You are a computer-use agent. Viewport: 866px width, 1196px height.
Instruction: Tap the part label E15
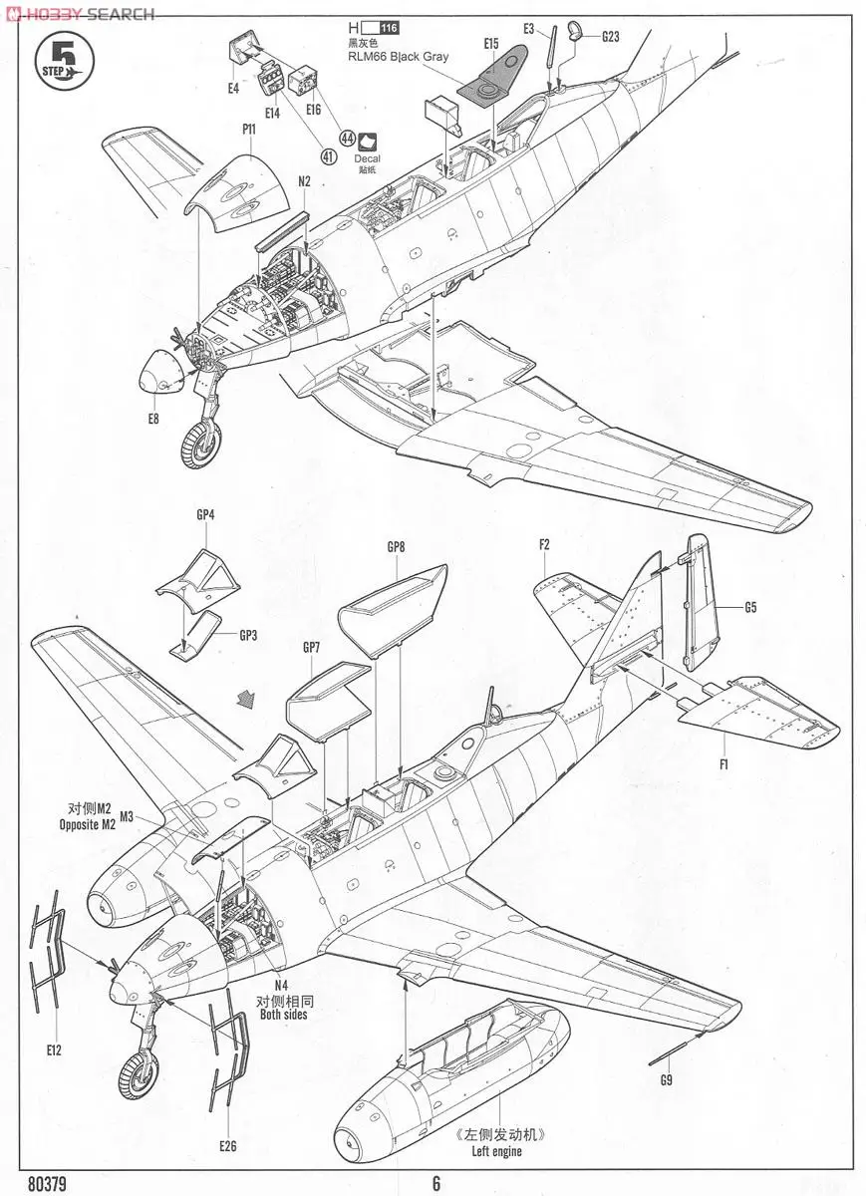point(490,44)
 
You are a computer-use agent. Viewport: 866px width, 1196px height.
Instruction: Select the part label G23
point(610,37)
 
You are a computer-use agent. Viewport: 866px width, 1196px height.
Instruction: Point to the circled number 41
point(328,155)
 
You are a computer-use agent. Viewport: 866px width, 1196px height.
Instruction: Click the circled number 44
point(347,139)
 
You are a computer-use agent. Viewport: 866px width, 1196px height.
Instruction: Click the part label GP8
point(396,547)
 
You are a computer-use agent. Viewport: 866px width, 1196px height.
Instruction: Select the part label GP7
point(312,647)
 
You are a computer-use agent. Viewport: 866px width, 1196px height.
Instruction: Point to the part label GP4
point(205,514)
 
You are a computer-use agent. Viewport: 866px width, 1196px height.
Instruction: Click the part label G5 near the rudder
point(750,606)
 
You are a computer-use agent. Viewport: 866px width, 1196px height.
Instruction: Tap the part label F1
point(723,764)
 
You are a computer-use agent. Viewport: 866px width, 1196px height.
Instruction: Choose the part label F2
point(544,544)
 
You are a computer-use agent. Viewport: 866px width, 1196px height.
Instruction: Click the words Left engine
point(496,1151)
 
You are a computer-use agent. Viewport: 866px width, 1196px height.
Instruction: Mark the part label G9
point(666,1079)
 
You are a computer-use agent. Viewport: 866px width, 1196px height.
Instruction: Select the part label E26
point(228,1146)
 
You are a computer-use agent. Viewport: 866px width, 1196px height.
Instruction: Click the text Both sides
point(283,1015)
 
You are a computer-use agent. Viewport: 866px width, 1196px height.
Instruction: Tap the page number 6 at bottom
point(435,1184)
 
